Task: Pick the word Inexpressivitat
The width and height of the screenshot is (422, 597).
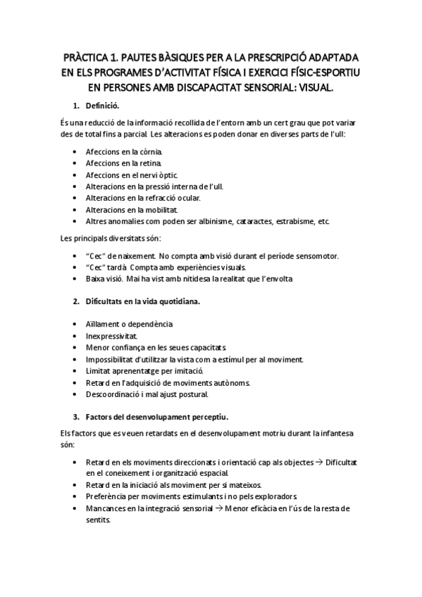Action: (111, 336)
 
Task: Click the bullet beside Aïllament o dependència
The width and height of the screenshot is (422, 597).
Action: (76, 325)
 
